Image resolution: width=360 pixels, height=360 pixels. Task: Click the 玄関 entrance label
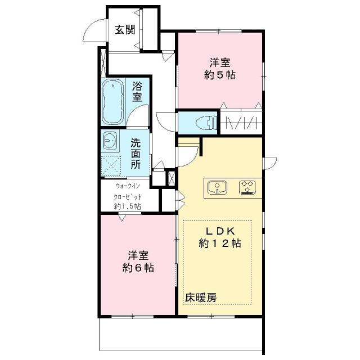click(125, 30)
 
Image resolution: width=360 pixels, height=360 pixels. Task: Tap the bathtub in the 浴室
click(112, 102)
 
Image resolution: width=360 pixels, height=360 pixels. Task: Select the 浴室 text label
click(137, 91)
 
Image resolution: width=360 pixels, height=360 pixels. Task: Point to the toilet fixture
click(206, 123)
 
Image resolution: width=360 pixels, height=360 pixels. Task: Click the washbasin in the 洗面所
click(110, 141)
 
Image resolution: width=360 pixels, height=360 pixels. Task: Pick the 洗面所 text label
click(136, 153)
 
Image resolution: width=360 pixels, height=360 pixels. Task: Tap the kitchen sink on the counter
click(217, 187)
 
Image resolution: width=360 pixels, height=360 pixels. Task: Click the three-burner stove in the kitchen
click(247, 187)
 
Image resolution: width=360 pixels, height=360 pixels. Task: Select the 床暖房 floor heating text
click(201, 298)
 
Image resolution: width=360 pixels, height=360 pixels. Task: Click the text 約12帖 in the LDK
click(220, 244)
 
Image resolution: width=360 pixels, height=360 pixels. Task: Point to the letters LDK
click(220, 231)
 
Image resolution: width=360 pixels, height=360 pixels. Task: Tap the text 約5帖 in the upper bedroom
click(220, 75)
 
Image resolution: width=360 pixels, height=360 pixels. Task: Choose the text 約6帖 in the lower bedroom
click(138, 268)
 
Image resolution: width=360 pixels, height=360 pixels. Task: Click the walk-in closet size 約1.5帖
click(128, 206)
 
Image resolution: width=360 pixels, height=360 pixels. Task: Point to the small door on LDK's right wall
click(270, 163)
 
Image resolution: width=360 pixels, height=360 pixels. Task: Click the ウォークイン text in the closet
click(128, 186)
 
